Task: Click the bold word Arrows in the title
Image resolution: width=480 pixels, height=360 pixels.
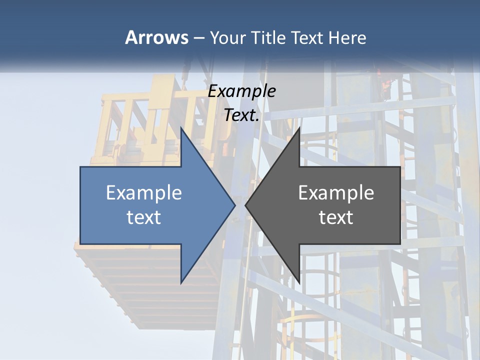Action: [x=156, y=37]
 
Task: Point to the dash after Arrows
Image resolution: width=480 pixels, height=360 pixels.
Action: [x=198, y=38]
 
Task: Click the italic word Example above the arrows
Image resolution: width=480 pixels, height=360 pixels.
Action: [x=242, y=91]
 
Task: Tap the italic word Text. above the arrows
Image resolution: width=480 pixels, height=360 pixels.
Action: [x=242, y=115]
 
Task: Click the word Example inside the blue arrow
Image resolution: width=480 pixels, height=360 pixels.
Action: [x=144, y=192]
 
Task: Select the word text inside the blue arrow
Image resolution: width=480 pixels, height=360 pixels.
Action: [x=144, y=217]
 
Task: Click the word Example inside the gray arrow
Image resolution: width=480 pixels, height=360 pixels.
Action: [x=336, y=192]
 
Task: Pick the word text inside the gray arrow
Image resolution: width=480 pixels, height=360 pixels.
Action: [x=336, y=217]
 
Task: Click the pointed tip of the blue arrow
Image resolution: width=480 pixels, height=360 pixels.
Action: [x=235, y=205]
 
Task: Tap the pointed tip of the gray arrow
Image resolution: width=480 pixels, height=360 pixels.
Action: [x=245, y=205]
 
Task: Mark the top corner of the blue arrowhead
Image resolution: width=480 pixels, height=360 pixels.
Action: [x=181, y=127]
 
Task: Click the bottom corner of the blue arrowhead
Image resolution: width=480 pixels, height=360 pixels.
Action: [x=181, y=283]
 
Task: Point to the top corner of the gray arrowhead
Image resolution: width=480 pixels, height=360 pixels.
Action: [x=299, y=127]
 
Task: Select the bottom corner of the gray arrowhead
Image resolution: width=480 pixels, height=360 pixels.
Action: [x=299, y=283]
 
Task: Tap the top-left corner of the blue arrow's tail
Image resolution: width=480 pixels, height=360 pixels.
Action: [x=80, y=167]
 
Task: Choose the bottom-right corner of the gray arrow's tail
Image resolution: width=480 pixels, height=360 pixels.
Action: [x=400, y=244]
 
